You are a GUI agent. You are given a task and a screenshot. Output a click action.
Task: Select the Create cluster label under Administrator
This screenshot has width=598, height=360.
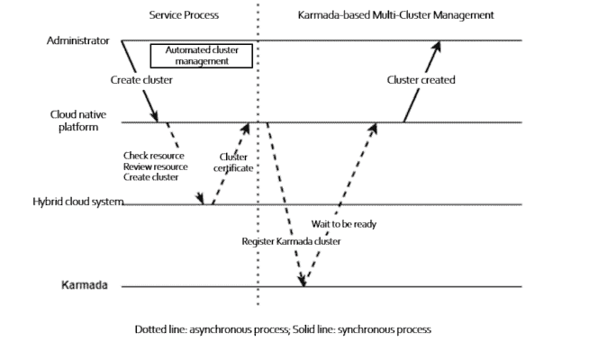pos(141,80)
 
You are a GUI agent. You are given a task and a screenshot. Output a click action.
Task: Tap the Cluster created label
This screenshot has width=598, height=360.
pos(421,80)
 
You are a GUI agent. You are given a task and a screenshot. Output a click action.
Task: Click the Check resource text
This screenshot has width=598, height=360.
pos(154,156)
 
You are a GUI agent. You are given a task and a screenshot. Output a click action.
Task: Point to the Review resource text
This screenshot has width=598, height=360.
pos(155,166)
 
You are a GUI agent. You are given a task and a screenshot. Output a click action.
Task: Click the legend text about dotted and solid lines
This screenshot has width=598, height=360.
pos(283,329)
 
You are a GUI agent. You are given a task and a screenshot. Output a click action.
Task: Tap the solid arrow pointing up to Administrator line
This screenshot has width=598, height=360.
pos(421,81)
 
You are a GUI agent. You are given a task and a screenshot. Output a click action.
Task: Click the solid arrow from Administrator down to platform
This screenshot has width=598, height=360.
pos(141,81)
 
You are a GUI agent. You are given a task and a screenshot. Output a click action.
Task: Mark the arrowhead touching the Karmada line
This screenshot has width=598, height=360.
pos(303,282)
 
